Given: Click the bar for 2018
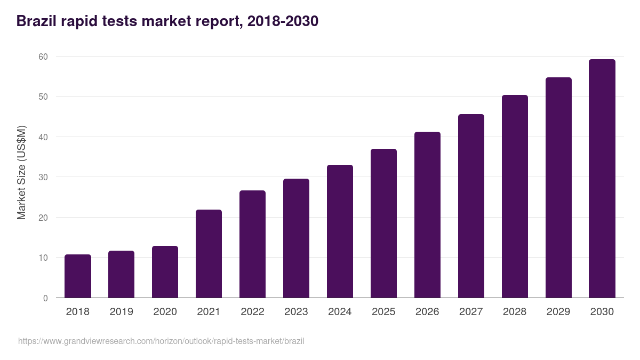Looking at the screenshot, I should (78, 276).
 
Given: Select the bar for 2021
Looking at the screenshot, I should (209, 254).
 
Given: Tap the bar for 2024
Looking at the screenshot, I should (340, 231).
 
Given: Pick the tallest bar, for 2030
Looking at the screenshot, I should (602, 179).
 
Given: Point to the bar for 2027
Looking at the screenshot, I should (471, 206).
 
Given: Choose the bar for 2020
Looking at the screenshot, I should (165, 272).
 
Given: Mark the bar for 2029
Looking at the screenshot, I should (558, 188).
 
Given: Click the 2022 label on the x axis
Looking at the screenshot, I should (252, 312).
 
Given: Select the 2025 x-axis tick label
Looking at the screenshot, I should (383, 312).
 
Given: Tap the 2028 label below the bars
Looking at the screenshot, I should (515, 312).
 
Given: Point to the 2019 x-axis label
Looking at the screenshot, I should (121, 312).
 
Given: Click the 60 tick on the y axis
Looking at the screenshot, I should (43, 57).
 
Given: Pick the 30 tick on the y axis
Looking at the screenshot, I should (43, 177).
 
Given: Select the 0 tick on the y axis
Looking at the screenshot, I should (45, 298).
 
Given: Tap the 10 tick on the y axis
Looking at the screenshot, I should (43, 258).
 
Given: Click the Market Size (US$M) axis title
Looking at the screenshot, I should (21, 172).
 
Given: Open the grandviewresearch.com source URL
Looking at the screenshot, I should (161, 341).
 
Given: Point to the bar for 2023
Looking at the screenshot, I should (296, 238).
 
